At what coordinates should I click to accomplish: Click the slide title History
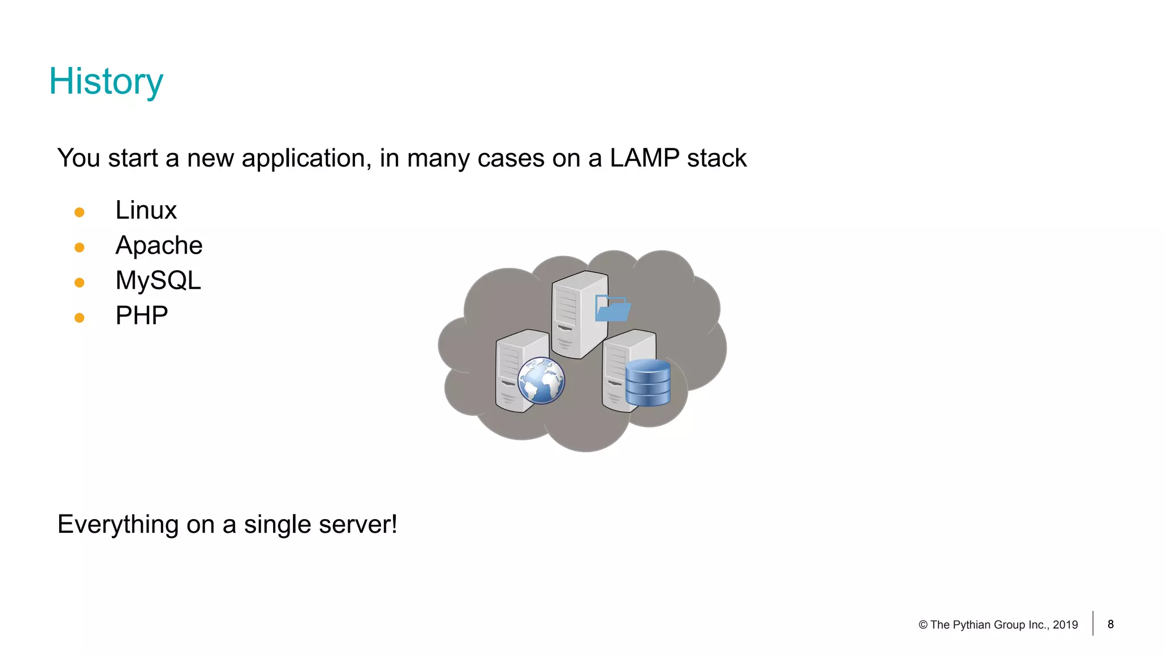pos(106,81)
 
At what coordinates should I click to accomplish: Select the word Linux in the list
pos(146,210)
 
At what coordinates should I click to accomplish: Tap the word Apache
pos(159,246)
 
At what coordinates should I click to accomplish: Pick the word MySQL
pos(158,281)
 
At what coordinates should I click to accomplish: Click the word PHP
pos(142,316)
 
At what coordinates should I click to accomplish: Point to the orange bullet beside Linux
pos(80,213)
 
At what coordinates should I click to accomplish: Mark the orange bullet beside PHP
pos(80,318)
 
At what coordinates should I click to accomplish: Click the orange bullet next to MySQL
pos(80,283)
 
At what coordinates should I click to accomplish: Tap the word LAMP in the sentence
pos(644,158)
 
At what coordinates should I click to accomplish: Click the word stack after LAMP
pos(716,158)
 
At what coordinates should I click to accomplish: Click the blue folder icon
pos(612,309)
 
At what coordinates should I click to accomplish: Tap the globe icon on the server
pos(541,381)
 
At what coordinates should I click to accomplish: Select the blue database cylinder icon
pos(648,383)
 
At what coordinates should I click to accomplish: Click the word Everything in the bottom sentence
pos(118,524)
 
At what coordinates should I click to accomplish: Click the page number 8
pos(1110,624)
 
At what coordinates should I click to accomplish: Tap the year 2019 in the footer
pos(1065,625)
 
